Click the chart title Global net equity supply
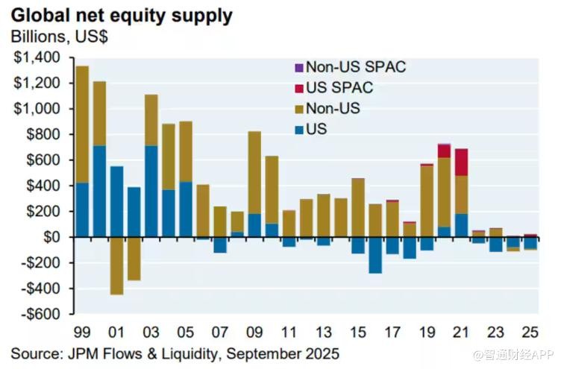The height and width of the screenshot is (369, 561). pos(121,15)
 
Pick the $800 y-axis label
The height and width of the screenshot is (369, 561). pos(44,135)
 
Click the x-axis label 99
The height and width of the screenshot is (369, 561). pos(82,332)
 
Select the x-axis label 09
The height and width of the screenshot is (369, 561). pos(254,332)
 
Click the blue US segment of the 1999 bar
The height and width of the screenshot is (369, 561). pos(83,209)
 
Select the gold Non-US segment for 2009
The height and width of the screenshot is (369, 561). pos(254,172)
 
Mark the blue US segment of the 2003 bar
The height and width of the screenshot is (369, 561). pos(151,191)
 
